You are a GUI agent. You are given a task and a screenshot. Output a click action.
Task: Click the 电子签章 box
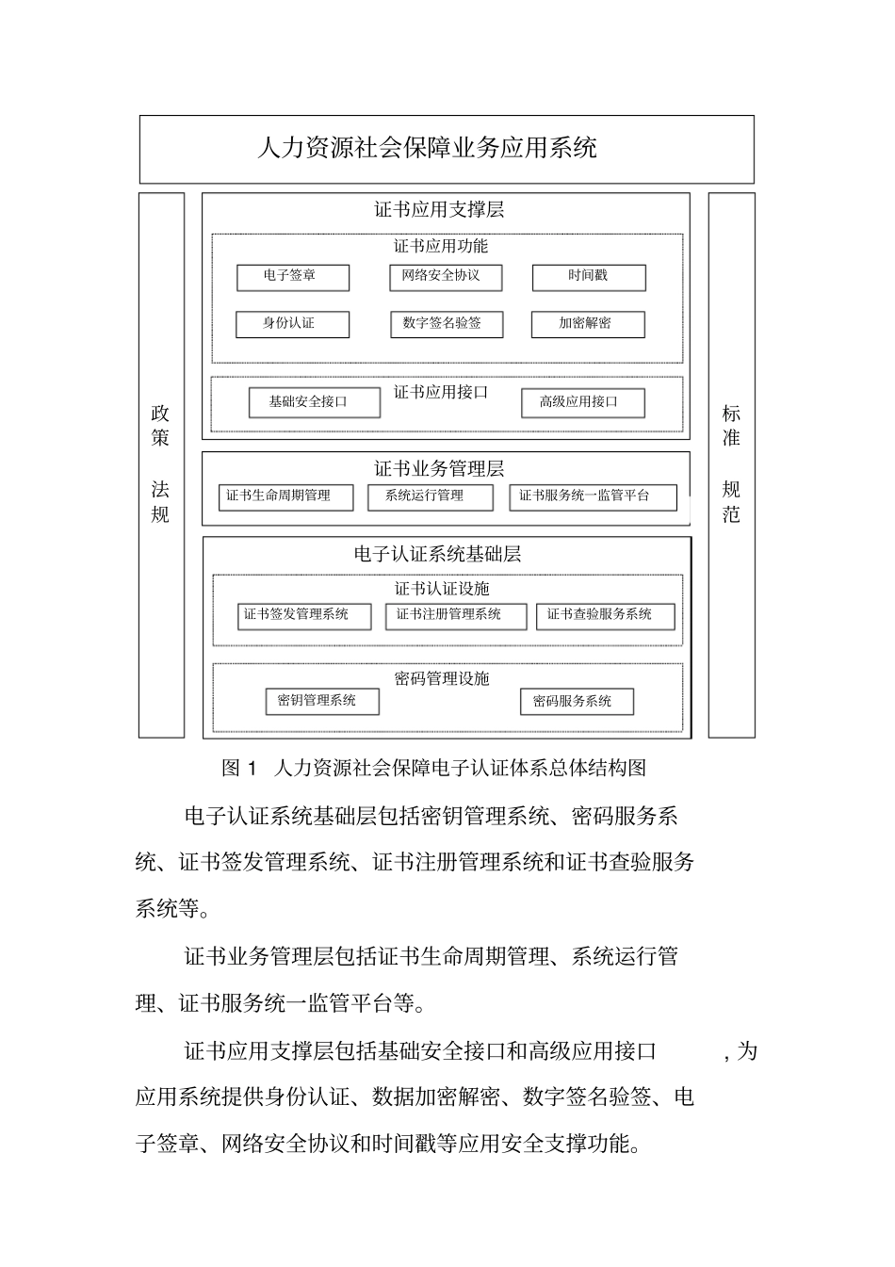pyautogui.click(x=292, y=277)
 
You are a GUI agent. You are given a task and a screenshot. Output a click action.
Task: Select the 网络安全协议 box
pyautogui.click(x=446, y=277)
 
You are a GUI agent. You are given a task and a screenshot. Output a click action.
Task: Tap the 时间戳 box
pyautogui.click(x=589, y=277)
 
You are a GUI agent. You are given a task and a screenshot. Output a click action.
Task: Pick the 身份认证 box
pyautogui.click(x=292, y=324)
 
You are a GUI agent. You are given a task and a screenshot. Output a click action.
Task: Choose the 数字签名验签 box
pyautogui.click(x=446, y=324)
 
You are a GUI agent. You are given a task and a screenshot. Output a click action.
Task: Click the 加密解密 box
pyautogui.click(x=588, y=324)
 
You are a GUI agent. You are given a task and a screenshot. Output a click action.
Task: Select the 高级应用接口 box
pyautogui.click(x=582, y=402)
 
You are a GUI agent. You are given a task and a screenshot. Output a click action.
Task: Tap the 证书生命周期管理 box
pyautogui.click(x=286, y=496)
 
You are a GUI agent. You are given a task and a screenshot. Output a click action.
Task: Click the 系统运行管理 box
pyautogui.click(x=430, y=496)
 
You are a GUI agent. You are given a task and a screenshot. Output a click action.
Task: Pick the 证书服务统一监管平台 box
pyautogui.click(x=593, y=496)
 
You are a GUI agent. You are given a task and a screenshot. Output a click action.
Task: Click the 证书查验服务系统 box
pyautogui.click(x=605, y=616)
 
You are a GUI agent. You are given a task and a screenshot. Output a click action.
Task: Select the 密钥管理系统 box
pyautogui.click(x=322, y=701)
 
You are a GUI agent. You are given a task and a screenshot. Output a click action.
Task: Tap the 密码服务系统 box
pyautogui.click(x=577, y=702)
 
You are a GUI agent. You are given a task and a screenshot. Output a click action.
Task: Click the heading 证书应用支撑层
pyautogui.click(x=439, y=209)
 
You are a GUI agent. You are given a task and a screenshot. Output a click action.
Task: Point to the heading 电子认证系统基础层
pyautogui.click(x=438, y=554)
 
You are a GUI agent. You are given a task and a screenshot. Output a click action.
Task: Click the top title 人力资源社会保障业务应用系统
pyautogui.click(x=427, y=148)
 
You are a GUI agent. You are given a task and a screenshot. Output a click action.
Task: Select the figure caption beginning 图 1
pyautogui.click(x=434, y=768)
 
